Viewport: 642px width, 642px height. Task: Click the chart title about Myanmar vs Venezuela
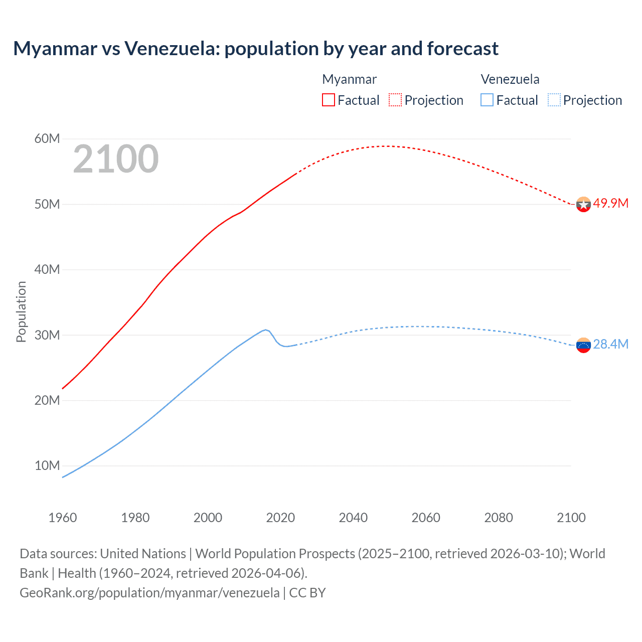256,49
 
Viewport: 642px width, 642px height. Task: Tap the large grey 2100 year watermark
116,159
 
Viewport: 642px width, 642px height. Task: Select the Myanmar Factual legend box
329,100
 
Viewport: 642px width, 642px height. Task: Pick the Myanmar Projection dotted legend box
395,100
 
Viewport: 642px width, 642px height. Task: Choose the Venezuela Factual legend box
487,100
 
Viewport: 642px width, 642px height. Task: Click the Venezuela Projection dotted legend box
554,100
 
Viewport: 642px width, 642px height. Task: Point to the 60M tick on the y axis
47,138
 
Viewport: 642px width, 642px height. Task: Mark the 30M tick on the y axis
47,335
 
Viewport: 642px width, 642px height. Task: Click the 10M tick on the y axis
47,465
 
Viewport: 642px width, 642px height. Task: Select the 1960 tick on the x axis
63,518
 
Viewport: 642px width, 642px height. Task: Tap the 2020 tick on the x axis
280,518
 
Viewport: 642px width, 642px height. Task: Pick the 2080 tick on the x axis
499,518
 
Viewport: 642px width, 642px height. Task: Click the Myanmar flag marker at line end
583,204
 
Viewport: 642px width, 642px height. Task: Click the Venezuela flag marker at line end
583,345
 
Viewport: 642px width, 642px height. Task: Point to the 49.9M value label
610,203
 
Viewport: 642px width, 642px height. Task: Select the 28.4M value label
610,344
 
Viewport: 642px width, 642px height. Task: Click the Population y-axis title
21,311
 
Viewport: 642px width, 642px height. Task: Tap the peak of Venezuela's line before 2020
266,330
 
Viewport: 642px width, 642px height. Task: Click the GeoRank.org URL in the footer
149,593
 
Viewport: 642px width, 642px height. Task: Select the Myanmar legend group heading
349,79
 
